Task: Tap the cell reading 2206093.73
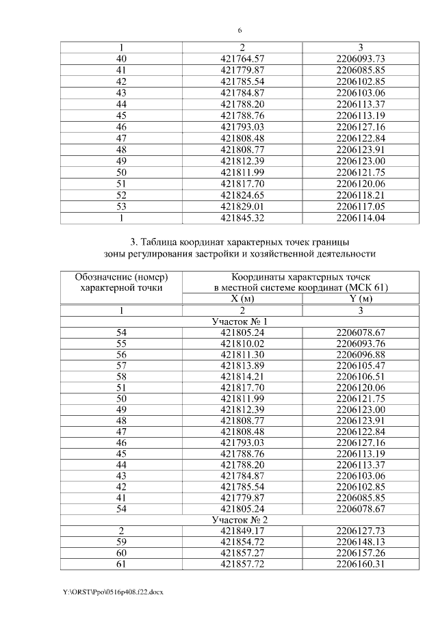[361, 59]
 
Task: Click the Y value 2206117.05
[361, 206]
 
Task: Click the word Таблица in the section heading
[164, 242]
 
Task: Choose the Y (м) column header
[361, 298]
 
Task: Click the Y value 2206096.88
[361, 356]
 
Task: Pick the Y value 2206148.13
[361, 542]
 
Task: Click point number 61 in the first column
[122, 565]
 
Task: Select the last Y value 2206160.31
[361, 565]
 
